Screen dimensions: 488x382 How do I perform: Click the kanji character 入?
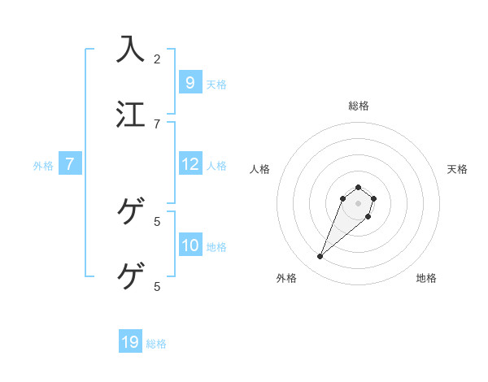131,49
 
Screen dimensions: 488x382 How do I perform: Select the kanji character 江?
131,114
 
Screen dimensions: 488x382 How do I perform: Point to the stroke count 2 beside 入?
157,59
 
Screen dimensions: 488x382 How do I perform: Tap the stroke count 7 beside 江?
157,124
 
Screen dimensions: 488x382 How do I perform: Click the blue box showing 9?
190,82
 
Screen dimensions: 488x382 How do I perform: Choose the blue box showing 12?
190,164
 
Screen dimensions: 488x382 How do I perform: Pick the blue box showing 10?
190,245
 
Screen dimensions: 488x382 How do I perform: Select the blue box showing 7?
70,164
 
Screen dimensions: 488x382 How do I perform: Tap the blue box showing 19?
130,342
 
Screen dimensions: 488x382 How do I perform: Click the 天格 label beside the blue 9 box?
216,84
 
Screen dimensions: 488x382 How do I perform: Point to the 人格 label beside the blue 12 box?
216,166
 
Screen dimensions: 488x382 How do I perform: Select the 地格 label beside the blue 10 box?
216,247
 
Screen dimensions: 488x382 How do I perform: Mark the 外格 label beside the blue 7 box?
43,166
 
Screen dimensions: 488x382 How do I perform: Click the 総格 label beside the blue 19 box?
156,344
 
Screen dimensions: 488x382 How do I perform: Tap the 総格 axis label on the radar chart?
358,106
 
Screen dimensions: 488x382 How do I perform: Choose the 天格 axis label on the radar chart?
457,169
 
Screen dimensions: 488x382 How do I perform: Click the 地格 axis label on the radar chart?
426,278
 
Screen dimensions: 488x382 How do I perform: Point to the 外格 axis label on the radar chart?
286,278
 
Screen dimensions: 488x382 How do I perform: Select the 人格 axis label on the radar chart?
259,169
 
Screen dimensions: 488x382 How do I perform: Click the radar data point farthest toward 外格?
320,257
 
